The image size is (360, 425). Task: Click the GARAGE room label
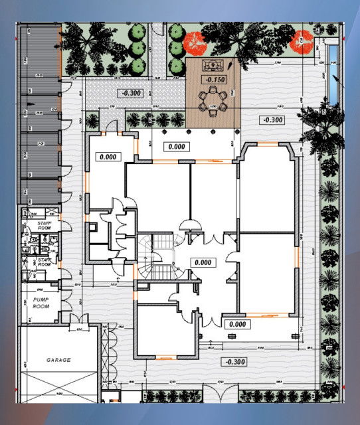[x=58, y=359]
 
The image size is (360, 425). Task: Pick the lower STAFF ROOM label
[x=45, y=262]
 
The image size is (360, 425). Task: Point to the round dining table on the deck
[x=213, y=101]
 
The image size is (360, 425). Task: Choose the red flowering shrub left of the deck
[x=195, y=42]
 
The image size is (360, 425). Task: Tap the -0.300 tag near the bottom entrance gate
[x=234, y=362]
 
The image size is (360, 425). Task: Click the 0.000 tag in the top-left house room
[x=106, y=157]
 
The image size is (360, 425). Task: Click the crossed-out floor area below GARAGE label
[x=58, y=388]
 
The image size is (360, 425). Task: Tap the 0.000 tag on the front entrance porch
[x=236, y=324]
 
